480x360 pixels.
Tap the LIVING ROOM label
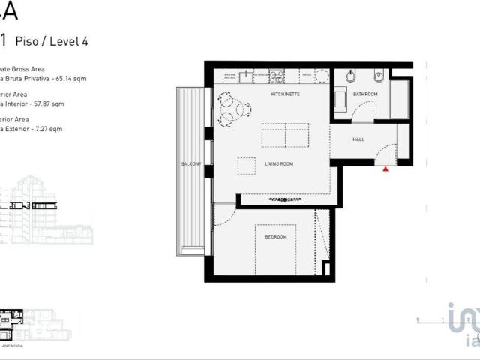(277, 163)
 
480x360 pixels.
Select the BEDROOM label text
(275, 237)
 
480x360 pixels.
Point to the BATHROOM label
(365, 94)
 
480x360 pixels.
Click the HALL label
(358, 140)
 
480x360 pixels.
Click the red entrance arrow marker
(386, 170)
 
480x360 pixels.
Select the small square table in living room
(246, 166)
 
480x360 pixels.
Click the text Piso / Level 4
(51, 41)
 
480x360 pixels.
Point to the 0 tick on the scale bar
(417, 319)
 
